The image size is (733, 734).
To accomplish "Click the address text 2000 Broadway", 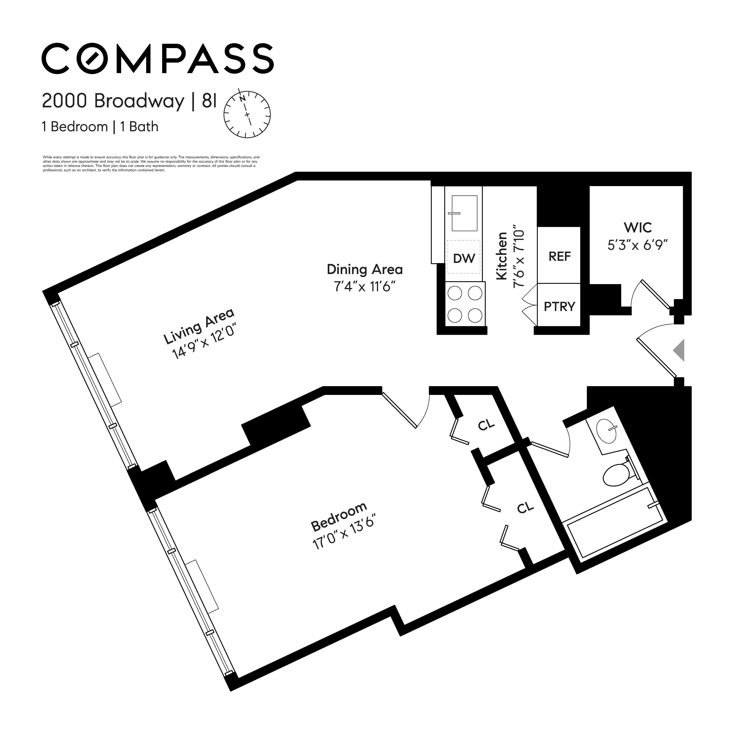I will (x=113, y=101).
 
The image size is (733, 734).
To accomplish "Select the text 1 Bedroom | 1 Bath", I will (x=100, y=127).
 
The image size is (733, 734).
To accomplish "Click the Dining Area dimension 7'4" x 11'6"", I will (x=365, y=286).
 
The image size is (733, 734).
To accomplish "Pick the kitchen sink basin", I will (x=464, y=213).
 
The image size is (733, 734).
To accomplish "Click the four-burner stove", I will (x=465, y=304).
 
